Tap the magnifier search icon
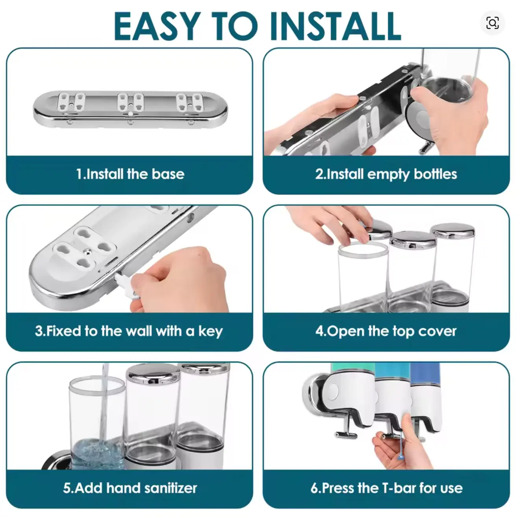(493, 23)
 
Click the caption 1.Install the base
(130, 174)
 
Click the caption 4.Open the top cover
(386, 331)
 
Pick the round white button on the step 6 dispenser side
(334, 390)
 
